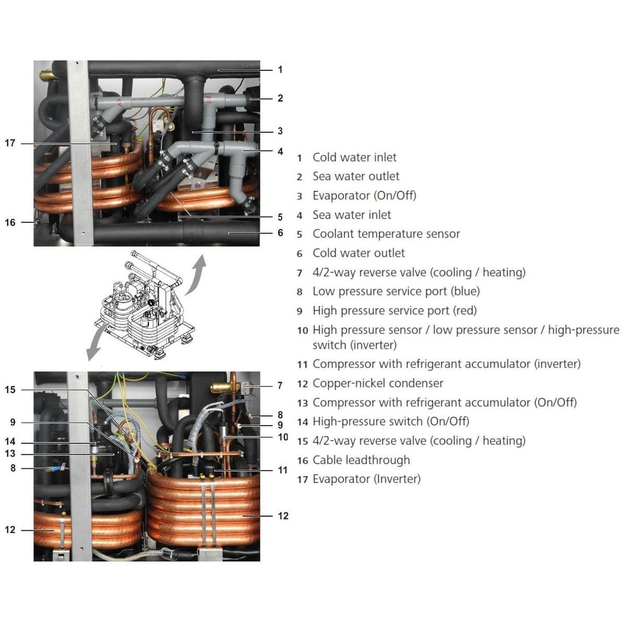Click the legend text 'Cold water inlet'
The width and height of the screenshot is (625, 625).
point(354,158)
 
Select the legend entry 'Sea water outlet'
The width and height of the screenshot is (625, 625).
point(356,177)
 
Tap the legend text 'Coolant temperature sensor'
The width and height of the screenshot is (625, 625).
point(386,234)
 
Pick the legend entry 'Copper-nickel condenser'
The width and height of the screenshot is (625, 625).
point(378,383)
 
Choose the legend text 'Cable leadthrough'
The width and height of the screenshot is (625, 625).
point(361,460)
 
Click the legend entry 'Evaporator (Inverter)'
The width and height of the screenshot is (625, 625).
point(367,479)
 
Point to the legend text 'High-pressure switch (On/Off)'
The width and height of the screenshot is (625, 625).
point(391,422)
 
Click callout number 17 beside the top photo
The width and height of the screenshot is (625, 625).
point(10,143)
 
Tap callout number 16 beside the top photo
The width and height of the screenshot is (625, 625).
point(10,222)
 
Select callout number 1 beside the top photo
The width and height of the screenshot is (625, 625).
point(280,70)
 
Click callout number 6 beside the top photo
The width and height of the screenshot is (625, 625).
point(280,233)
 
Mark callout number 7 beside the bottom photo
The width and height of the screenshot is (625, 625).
point(280,385)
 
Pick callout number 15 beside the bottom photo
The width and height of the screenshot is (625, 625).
point(10,390)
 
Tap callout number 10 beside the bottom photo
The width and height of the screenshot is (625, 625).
point(283,437)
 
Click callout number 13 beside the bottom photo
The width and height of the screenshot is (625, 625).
point(10,454)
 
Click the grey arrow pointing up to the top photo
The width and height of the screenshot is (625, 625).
point(196,276)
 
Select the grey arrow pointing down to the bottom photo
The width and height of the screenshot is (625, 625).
point(97,344)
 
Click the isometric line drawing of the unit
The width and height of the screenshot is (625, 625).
point(144,305)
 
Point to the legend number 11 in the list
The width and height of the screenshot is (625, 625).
point(302,365)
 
